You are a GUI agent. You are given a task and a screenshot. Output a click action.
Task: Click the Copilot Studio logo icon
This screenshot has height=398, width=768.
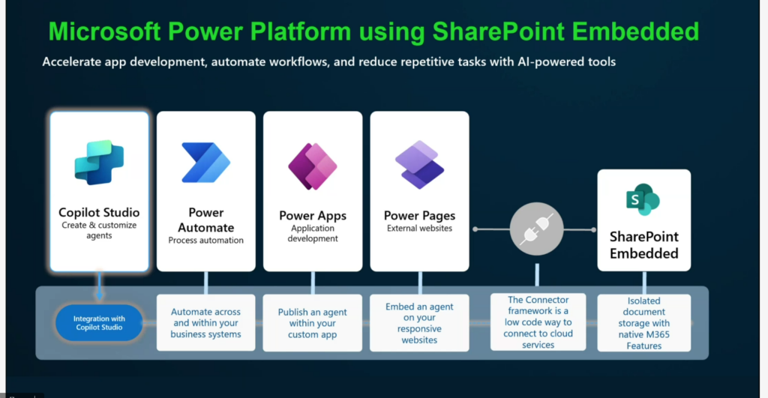click(99, 162)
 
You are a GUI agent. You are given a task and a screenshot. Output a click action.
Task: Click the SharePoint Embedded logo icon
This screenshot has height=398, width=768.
click(643, 199)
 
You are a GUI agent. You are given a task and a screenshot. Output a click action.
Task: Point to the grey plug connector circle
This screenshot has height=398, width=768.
click(537, 228)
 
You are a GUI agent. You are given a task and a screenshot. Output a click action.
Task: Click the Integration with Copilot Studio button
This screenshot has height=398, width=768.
click(99, 323)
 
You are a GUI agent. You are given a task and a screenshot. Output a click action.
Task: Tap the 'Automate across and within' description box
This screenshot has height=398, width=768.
click(206, 323)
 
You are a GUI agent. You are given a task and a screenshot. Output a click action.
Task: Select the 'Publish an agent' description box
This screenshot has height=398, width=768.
click(313, 323)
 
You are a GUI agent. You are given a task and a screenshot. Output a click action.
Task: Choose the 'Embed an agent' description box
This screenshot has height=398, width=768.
click(419, 323)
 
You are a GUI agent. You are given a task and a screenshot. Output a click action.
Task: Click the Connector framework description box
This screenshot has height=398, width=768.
click(538, 322)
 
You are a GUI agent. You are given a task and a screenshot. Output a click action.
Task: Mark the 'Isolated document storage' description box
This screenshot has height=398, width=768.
click(643, 323)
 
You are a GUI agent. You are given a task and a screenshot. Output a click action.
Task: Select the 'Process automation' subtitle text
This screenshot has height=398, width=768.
click(206, 241)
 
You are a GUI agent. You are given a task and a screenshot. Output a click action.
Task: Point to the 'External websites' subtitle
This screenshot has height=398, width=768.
click(419, 228)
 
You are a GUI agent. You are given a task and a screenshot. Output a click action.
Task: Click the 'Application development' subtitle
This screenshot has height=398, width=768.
click(313, 233)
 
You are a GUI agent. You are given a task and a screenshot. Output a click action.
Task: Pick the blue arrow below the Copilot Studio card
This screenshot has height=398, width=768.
click(99, 288)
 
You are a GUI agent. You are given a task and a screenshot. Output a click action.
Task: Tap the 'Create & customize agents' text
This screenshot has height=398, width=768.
click(99, 230)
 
